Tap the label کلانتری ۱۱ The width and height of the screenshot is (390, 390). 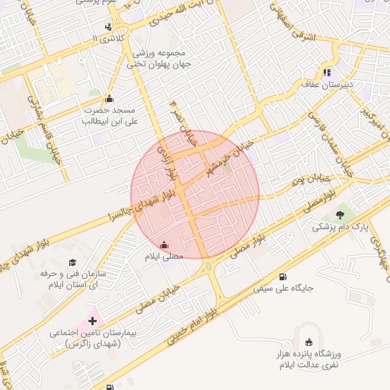(106, 37)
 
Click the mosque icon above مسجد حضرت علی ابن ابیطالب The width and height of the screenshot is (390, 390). (109, 98)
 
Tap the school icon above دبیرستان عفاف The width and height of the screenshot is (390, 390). (328, 72)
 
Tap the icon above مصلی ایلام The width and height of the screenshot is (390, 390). (165, 245)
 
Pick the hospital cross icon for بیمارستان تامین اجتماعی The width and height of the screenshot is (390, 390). (92, 321)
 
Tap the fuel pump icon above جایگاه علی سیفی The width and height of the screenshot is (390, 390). (283, 276)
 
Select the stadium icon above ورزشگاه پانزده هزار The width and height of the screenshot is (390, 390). (308, 342)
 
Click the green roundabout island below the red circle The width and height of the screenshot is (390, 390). (208, 267)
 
